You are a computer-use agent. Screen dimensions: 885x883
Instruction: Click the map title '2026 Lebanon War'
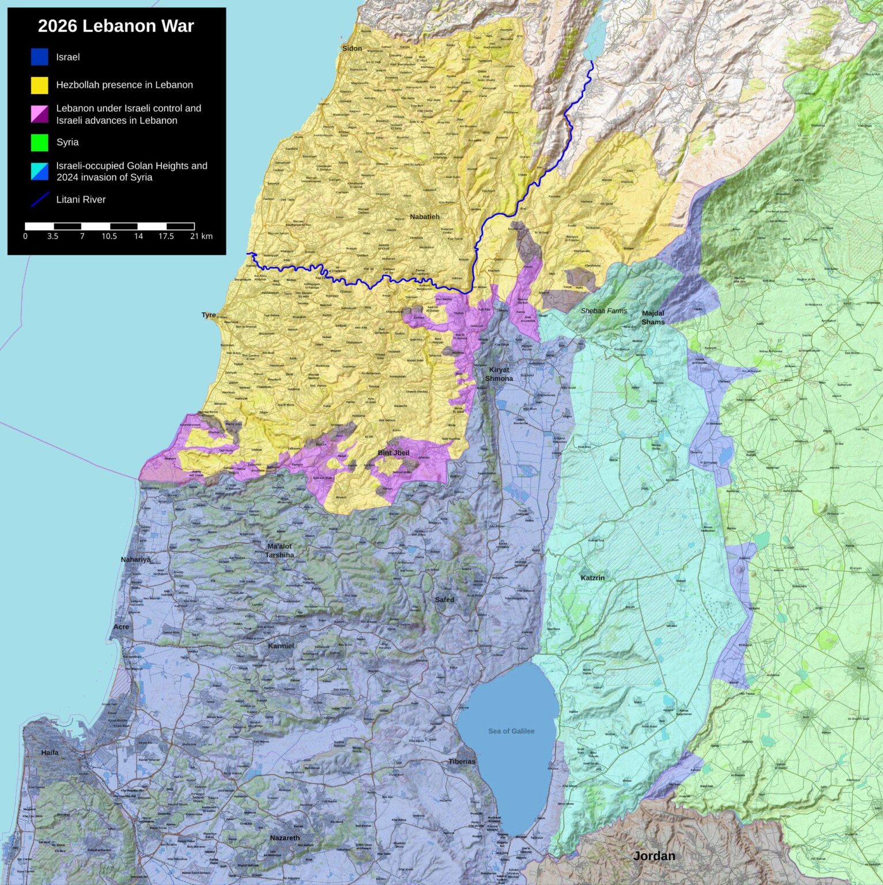point(116,26)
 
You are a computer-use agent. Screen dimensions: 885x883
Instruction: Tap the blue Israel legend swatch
point(39,57)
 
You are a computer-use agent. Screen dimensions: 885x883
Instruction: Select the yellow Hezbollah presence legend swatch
point(39,85)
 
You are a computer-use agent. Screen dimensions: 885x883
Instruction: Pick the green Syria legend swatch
point(39,142)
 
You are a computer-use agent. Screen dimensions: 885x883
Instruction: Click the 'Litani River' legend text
point(81,199)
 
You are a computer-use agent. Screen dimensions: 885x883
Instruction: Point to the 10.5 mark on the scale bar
point(110,236)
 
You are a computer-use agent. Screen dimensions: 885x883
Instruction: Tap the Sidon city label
point(352,48)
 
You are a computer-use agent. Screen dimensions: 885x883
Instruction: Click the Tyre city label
point(209,315)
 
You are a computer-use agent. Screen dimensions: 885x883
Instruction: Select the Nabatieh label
point(425,217)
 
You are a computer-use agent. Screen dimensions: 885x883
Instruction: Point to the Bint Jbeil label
point(394,453)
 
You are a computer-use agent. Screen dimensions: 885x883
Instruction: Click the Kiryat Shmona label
point(499,374)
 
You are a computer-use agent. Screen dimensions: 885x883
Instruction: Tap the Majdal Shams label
point(653,317)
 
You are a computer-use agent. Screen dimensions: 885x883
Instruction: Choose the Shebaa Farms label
point(603,311)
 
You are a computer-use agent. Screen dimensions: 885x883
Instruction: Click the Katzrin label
point(593,577)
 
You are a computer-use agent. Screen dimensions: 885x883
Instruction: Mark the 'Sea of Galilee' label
point(511,731)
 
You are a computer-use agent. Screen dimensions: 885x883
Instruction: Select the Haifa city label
point(50,752)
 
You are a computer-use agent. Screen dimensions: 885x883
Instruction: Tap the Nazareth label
point(285,838)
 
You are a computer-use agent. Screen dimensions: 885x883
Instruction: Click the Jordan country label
point(654,856)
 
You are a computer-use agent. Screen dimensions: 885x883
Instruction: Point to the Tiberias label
point(462,761)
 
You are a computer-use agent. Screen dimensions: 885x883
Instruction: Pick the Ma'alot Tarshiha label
point(280,550)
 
